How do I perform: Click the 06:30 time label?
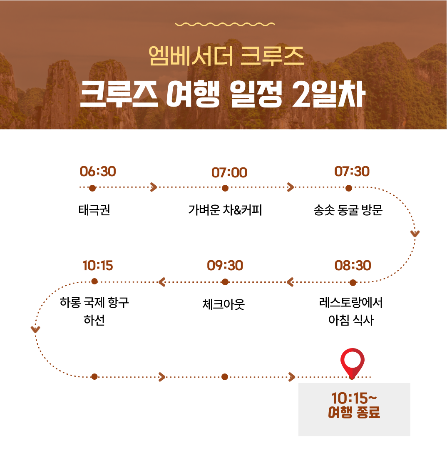coord(98,172)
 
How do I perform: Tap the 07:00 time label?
coord(229,173)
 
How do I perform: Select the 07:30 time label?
coord(352,172)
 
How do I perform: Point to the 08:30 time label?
coord(353,266)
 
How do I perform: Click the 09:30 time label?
coord(225,266)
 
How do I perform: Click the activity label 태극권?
coord(94,210)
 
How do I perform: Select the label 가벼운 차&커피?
coord(225,210)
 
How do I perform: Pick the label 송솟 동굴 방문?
coord(348,210)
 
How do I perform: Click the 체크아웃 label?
coord(223,304)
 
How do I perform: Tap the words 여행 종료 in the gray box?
coord(354,412)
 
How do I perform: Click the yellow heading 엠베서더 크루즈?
coord(226,56)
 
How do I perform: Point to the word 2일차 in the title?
coord(329,94)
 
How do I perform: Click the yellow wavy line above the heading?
coord(225,24)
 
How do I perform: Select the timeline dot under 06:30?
coord(92,188)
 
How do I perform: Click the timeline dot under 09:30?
coord(225,282)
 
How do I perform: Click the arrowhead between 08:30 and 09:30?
coord(290,282)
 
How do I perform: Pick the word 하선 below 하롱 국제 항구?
coord(94,320)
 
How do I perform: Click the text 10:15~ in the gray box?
coord(354,398)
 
